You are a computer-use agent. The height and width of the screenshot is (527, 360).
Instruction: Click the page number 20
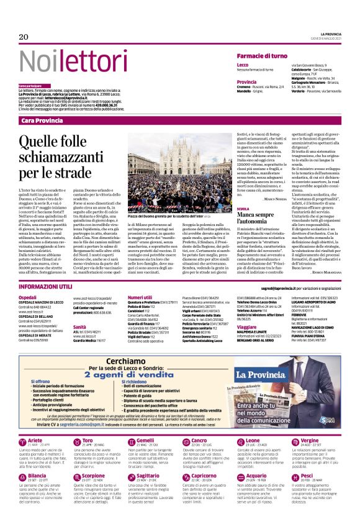[24, 37]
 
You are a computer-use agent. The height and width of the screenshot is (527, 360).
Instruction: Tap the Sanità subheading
[79, 327]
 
